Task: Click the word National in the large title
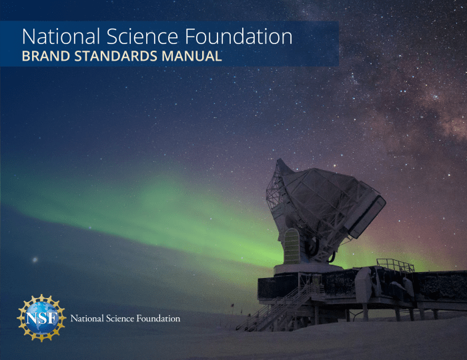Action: pyautogui.click(x=61, y=36)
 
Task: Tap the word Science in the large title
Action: pyautogui.click(x=142, y=36)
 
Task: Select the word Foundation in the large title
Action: pyautogui.click(x=239, y=36)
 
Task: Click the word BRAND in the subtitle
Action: pyautogui.click(x=46, y=56)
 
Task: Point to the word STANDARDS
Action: pyautogui.click(x=116, y=56)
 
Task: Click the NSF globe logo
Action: pyautogui.click(x=41, y=318)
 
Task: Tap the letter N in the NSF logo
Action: pyautogui.click(x=32, y=319)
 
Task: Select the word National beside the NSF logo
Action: pyautogui.click(x=87, y=319)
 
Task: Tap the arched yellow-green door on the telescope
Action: pyautogui.click(x=292, y=247)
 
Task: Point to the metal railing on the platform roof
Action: pyautogui.click(x=395, y=265)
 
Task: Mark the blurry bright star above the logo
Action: pyautogui.click(x=35, y=260)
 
